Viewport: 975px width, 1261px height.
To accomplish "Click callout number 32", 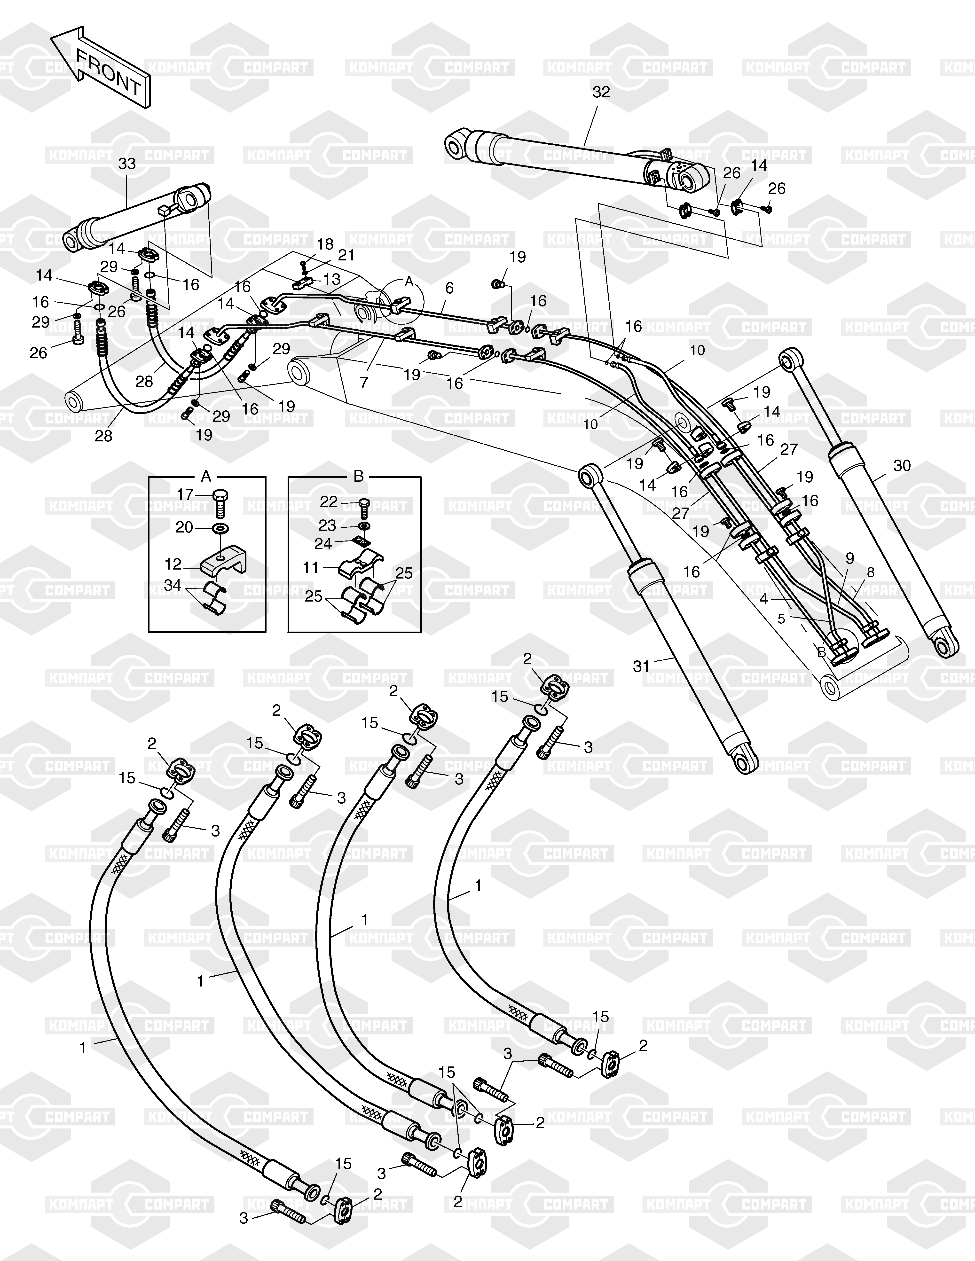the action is click(601, 92).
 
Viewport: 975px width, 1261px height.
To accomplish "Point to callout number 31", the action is click(641, 666).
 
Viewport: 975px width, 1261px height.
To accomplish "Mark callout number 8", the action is click(871, 572).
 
